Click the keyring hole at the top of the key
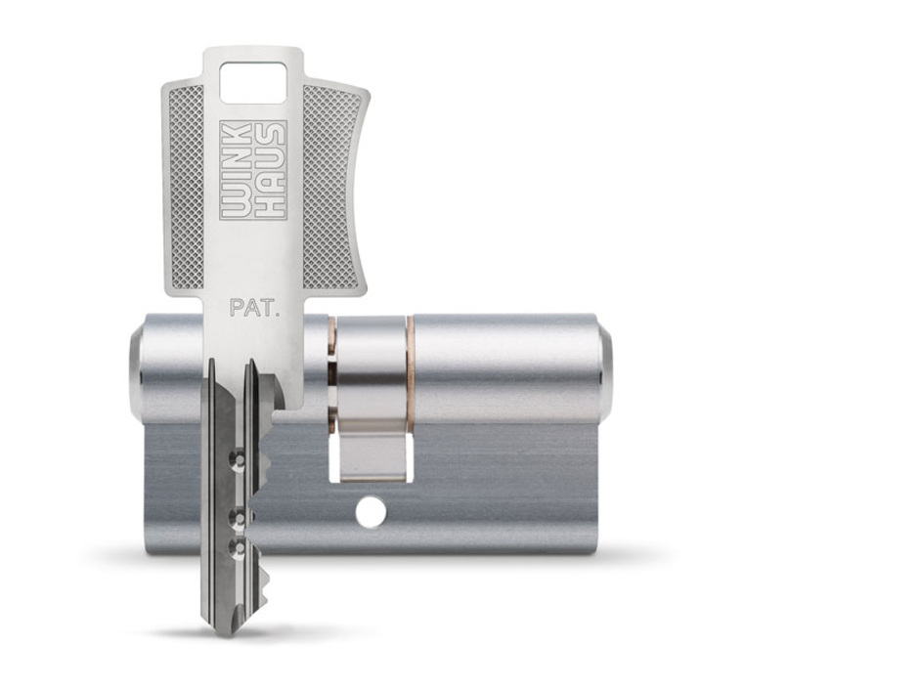(x=252, y=83)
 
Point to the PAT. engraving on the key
(x=253, y=308)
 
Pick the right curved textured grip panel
(x=331, y=188)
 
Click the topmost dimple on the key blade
(x=238, y=461)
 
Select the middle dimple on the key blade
(x=237, y=519)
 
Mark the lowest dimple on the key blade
(x=237, y=548)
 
